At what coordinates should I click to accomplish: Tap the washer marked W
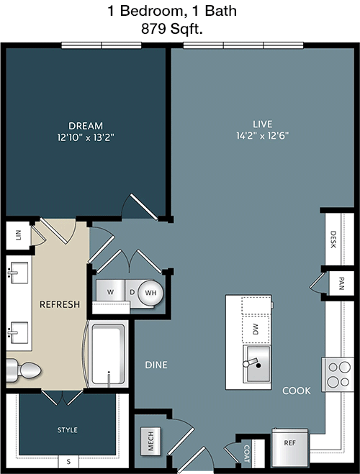coord(110,292)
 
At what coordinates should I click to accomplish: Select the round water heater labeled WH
coord(150,293)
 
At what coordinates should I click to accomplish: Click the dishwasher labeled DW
coord(256,329)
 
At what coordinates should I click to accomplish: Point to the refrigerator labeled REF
coord(290,447)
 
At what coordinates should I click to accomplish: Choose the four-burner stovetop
coord(338,375)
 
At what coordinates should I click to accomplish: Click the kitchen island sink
coord(257,364)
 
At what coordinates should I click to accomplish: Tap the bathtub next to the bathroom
coord(108,355)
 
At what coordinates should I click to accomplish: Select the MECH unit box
coord(150,441)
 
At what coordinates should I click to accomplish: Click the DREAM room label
coord(86,126)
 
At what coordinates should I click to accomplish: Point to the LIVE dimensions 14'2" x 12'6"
coord(262,135)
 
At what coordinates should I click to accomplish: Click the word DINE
coord(156,365)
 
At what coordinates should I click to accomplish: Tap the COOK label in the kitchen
coord(297,391)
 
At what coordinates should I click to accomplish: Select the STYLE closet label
coord(68,430)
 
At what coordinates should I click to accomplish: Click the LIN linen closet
coord(19,235)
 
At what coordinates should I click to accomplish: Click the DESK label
coord(333,240)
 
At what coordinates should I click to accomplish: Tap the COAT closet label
coord(247,453)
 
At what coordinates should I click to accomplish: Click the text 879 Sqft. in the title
coord(172,29)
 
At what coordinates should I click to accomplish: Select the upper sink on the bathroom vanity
coord(18,273)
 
